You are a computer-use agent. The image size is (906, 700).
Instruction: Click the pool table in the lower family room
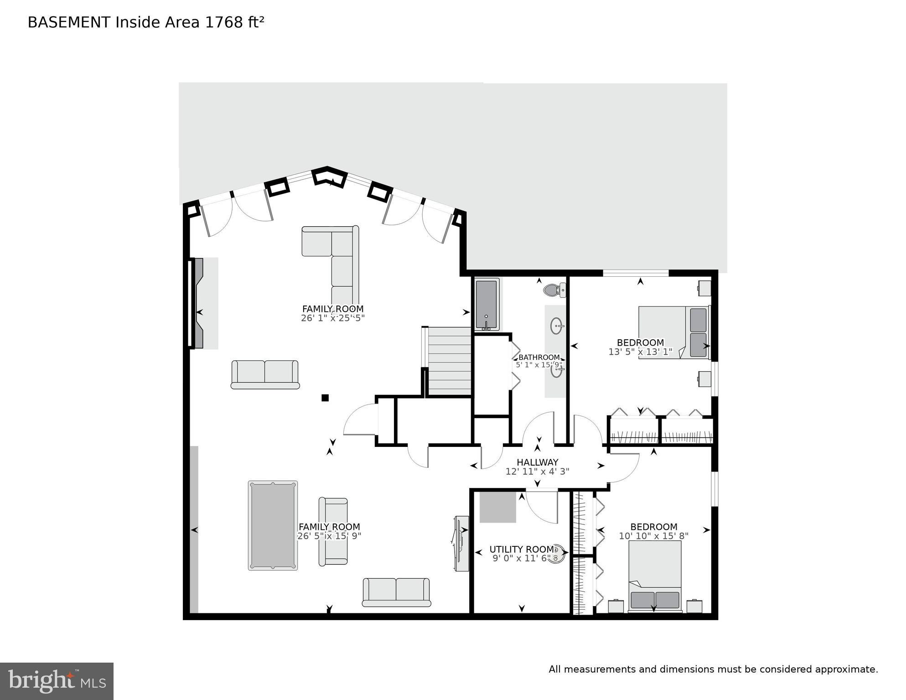(273, 525)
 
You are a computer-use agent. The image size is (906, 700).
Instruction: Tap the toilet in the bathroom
(554, 290)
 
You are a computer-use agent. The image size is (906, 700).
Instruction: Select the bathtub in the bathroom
(487, 304)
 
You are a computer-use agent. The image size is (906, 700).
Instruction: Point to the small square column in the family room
(325, 398)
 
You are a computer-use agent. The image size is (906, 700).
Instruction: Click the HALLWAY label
(537, 462)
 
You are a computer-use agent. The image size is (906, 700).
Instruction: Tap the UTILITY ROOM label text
(521, 550)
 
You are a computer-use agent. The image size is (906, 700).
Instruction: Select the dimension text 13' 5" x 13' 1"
(640, 352)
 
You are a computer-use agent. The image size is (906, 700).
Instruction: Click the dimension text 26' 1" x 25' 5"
(333, 318)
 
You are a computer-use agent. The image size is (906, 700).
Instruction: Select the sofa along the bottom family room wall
(396, 592)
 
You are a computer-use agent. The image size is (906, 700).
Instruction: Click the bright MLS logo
(57, 681)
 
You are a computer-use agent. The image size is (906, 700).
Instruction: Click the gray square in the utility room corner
(497, 507)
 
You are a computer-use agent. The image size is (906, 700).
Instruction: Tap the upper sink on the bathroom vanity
(557, 326)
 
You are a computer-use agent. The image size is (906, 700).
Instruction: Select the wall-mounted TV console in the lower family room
(461, 543)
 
